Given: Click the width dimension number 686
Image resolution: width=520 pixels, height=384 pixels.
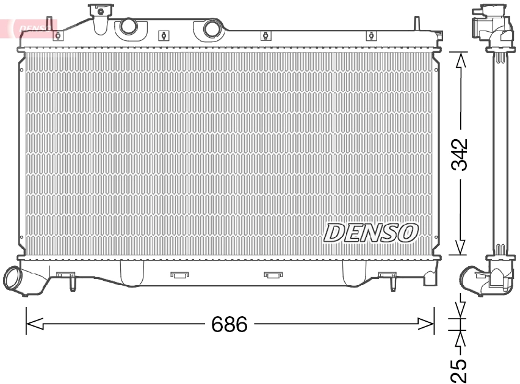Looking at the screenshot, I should [x=229, y=324].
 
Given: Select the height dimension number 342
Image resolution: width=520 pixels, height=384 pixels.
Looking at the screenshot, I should [x=460, y=154].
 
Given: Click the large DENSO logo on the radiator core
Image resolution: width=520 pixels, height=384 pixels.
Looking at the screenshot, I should [x=371, y=232].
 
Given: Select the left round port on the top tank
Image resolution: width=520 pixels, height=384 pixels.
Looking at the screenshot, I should [x=128, y=26].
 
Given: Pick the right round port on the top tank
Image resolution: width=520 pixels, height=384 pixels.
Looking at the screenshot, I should [x=212, y=28].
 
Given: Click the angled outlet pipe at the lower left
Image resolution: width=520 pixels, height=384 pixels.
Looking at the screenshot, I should [x=16, y=280].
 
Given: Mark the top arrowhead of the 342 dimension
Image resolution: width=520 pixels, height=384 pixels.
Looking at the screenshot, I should [x=460, y=59].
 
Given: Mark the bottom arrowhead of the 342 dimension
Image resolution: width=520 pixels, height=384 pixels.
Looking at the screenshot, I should [x=460, y=247].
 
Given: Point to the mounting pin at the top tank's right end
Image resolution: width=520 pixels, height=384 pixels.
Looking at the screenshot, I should [x=416, y=23].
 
